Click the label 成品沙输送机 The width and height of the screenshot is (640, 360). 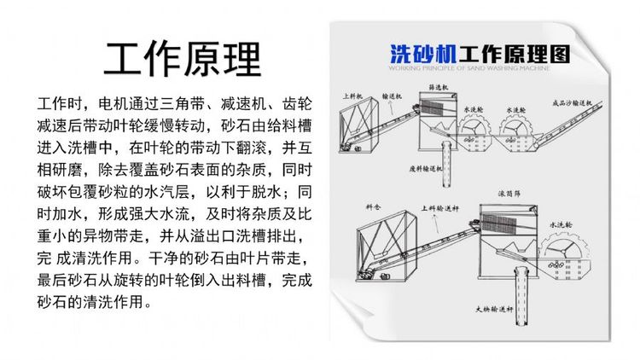[574, 102]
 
